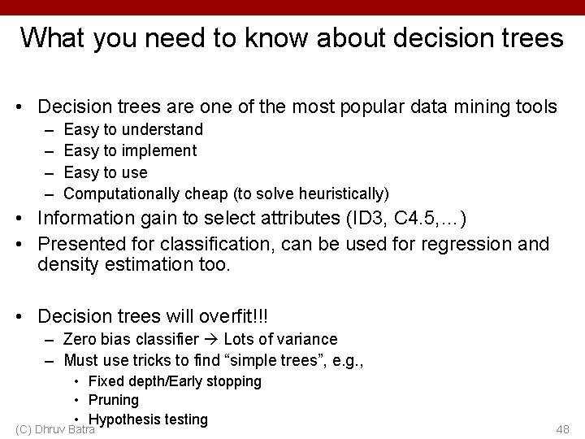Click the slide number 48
(561, 428)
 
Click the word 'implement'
(158, 150)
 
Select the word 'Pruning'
(114, 400)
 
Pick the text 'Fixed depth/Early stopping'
(175, 381)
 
